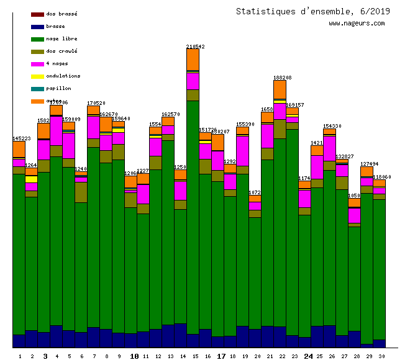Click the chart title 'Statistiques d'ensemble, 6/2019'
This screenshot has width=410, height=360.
[313, 11]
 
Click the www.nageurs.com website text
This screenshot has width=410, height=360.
[357, 24]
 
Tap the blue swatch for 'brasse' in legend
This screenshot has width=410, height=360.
[37, 27]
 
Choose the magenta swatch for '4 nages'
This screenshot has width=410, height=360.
[37, 64]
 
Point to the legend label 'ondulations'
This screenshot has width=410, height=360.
[63, 76]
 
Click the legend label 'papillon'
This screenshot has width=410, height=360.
[58, 88]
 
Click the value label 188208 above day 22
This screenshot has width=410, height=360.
[283, 78]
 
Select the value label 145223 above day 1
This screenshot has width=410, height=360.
[22, 138]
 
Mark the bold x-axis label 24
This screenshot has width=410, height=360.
[308, 356]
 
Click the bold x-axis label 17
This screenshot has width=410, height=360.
[221, 356]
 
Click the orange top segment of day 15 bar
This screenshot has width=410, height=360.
[193, 60]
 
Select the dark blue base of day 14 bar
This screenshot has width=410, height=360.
[180, 335]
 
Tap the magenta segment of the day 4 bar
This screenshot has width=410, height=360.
[56, 130]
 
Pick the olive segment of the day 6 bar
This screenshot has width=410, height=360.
[81, 192]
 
